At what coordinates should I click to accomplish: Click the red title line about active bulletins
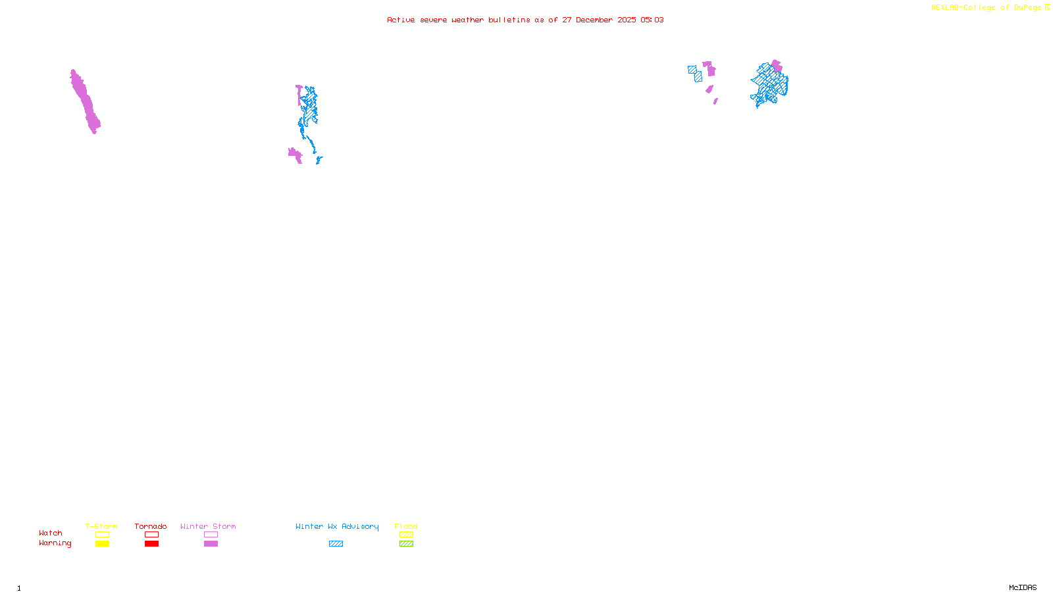525,20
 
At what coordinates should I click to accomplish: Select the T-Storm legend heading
101,526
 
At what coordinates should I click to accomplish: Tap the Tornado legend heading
151,526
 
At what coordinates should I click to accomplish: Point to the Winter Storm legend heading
208,526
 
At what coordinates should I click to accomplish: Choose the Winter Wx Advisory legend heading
337,526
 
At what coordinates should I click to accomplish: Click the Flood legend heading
406,526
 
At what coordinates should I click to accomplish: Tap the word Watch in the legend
51,533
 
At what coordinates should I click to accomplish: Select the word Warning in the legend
55,543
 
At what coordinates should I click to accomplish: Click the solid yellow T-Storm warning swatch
102,544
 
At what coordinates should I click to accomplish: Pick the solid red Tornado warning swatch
151,544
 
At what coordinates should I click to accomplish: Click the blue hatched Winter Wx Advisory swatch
336,544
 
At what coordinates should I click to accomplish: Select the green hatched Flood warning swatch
406,544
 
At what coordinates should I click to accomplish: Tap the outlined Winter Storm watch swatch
211,535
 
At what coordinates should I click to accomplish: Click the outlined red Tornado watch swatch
151,535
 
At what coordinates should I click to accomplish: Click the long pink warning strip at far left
85,102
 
